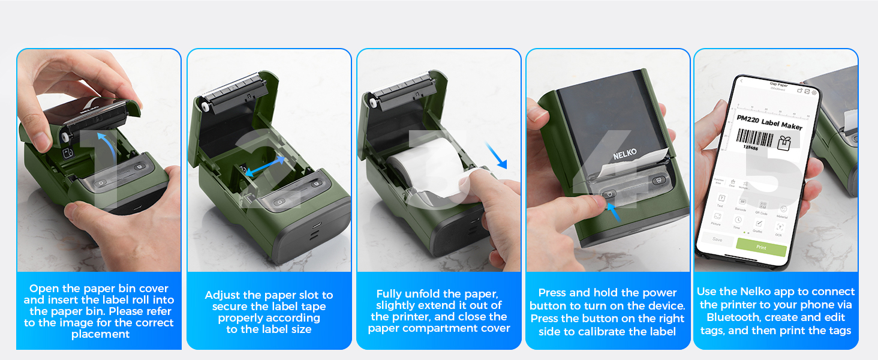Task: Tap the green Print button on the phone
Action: tap(761, 247)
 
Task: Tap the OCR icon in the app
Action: tap(780, 227)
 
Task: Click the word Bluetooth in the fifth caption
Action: tap(733, 317)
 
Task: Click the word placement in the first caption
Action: tap(100, 334)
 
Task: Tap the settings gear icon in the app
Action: tap(814, 92)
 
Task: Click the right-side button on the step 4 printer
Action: tap(658, 179)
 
